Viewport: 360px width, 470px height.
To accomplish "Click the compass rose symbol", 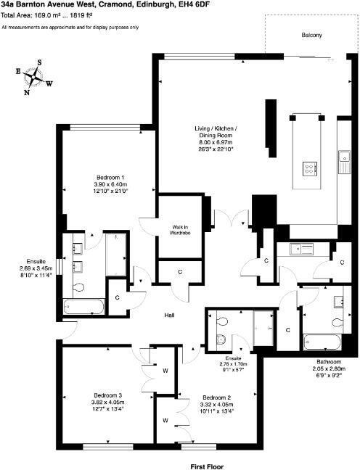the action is (x=33, y=77).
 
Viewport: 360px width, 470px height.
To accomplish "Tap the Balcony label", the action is (x=311, y=35).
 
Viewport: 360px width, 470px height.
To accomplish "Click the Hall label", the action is (x=170, y=315).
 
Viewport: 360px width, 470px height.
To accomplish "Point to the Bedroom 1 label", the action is (x=110, y=177).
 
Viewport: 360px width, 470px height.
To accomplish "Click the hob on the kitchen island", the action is (x=310, y=168).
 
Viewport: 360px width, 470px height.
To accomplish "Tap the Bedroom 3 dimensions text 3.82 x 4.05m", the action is (x=107, y=403).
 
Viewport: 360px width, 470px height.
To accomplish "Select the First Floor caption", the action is (x=207, y=466).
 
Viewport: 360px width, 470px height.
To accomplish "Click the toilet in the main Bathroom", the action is (x=337, y=323).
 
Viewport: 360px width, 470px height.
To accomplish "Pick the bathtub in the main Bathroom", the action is (x=322, y=342).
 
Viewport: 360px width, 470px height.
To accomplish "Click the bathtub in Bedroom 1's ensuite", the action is (x=83, y=307).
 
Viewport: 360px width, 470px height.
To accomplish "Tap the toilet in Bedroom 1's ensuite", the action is (x=78, y=287).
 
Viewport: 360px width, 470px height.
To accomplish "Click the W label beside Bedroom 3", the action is (x=165, y=371).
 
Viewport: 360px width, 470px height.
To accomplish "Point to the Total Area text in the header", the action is (x=46, y=15).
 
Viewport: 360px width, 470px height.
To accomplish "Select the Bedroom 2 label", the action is (x=216, y=397).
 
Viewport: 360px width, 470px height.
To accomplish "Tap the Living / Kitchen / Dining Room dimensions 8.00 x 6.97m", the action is (x=216, y=142).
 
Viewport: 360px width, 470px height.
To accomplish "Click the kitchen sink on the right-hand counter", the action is (x=344, y=162).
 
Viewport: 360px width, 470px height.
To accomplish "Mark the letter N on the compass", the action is (x=27, y=92).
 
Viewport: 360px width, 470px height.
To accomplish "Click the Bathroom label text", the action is (x=329, y=362).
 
